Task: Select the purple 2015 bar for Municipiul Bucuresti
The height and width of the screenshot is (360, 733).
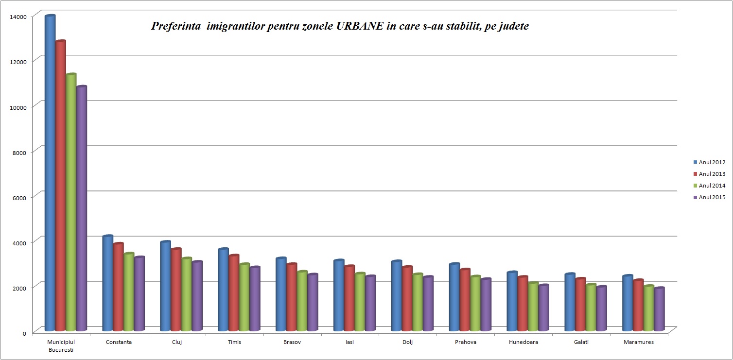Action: (x=81, y=209)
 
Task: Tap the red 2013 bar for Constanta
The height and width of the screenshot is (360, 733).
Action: (x=118, y=287)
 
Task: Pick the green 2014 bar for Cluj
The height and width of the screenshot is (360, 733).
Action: (x=187, y=294)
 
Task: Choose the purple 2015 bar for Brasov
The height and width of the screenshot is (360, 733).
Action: (x=313, y=303)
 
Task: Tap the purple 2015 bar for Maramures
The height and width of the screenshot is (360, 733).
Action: (x=659, y=309)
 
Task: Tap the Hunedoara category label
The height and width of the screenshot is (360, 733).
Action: (x=524, y=342)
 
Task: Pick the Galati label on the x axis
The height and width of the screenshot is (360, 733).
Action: (x=581, y=342)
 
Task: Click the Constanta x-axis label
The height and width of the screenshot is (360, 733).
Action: (x=119, y=342)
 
